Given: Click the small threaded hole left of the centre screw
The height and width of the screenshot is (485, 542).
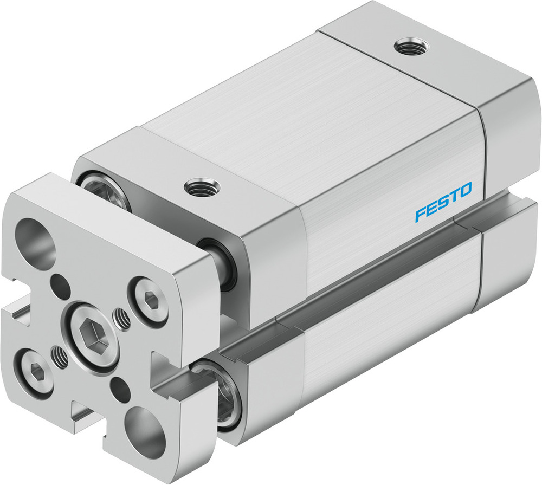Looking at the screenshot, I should pos(59,355).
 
